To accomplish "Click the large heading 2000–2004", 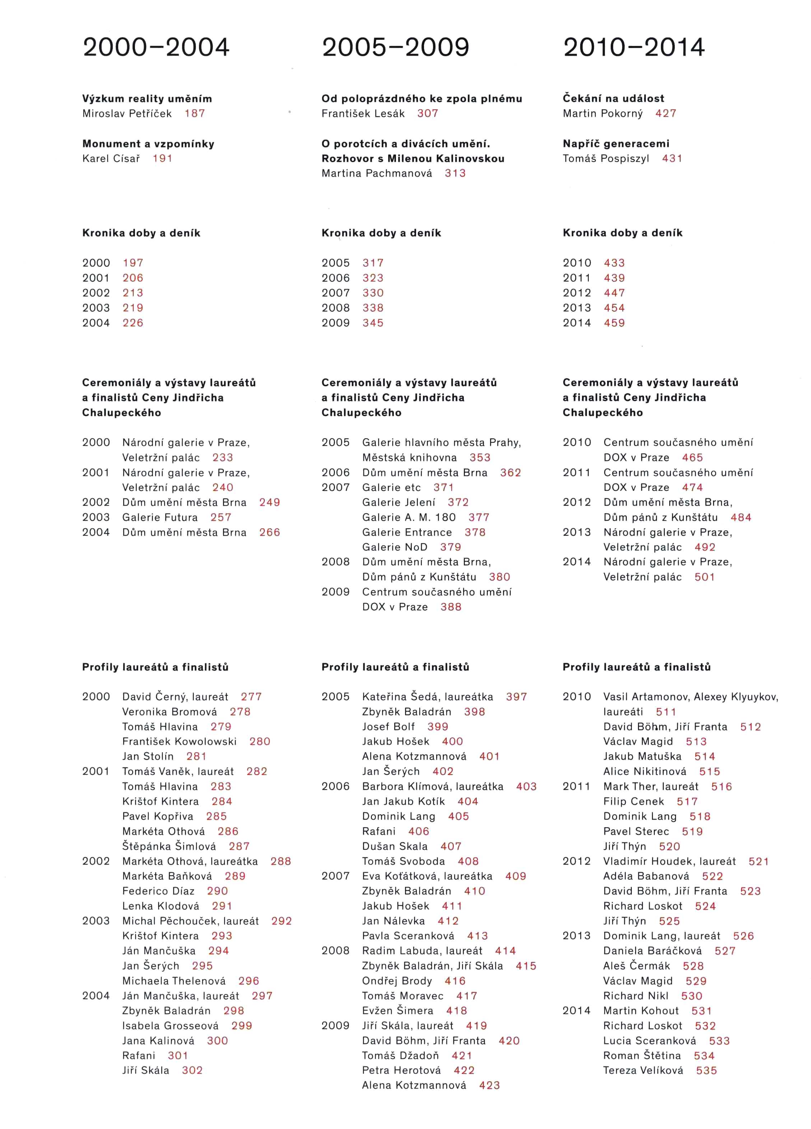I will [x=156, y=48].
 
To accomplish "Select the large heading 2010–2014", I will [x=634, y=48].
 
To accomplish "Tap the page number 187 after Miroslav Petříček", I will [x=195, y=113].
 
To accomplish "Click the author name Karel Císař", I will [x=111, y=159].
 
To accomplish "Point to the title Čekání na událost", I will [x=613, y=99].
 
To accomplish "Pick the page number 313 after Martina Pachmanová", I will [x=455, y=173].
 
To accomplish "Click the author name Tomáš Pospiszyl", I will [x=606, y=159].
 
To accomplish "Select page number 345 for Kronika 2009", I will [x=373, y=323].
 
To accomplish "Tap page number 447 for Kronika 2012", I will [x=614, y=293].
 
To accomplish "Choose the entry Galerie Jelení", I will [x=398, y=503].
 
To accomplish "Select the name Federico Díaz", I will [x=158, y=891].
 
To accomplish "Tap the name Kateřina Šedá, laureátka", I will [x=428, y=697].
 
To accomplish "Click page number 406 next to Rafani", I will [x=419, y=831].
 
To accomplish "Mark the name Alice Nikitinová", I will [x=645, y=772].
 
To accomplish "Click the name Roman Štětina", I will [x=642, y=1056].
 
